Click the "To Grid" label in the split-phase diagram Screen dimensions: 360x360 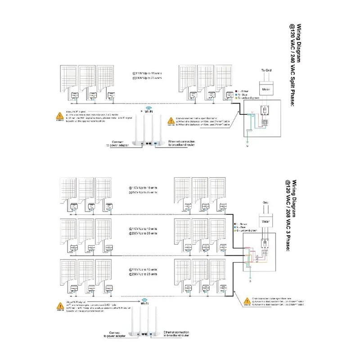click(267, 70)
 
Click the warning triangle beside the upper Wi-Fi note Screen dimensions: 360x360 click(59, 116)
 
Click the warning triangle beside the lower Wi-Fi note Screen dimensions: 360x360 click(59, 307)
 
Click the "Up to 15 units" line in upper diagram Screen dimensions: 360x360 click(144, 72)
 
